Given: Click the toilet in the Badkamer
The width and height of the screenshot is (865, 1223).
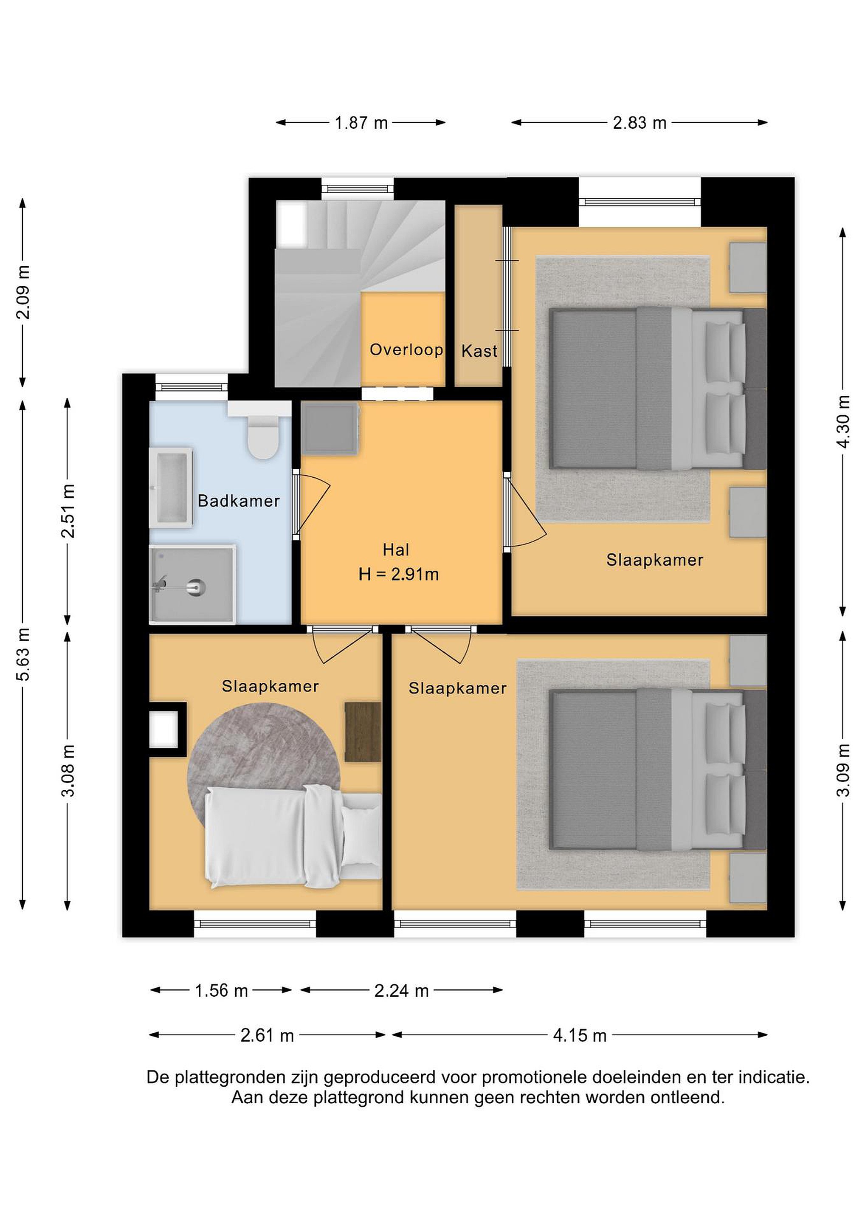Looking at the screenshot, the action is (x=263, y=437).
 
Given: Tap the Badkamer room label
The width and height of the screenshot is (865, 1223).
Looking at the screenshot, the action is (x=239, y=501).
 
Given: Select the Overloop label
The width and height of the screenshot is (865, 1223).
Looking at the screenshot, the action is (x=406, y=350).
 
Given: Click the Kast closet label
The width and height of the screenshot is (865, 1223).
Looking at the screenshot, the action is (x=479, y=351).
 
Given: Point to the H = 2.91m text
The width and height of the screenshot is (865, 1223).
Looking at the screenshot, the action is (x=398, y=574).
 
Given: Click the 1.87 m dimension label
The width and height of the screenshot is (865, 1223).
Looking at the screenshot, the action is (x=361, y=123).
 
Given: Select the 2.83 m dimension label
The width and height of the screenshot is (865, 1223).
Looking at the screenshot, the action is (x=640, y=123).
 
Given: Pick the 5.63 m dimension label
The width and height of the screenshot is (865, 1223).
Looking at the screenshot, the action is (x=23, y=654).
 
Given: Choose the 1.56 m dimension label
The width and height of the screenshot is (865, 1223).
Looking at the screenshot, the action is (x=222, y=991).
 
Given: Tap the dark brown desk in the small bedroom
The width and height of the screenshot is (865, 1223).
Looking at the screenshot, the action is (x=363, y=731).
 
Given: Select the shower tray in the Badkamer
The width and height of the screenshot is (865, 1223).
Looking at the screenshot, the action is (x=193, y=584).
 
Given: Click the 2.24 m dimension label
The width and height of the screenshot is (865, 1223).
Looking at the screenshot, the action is (x=402, y=991).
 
